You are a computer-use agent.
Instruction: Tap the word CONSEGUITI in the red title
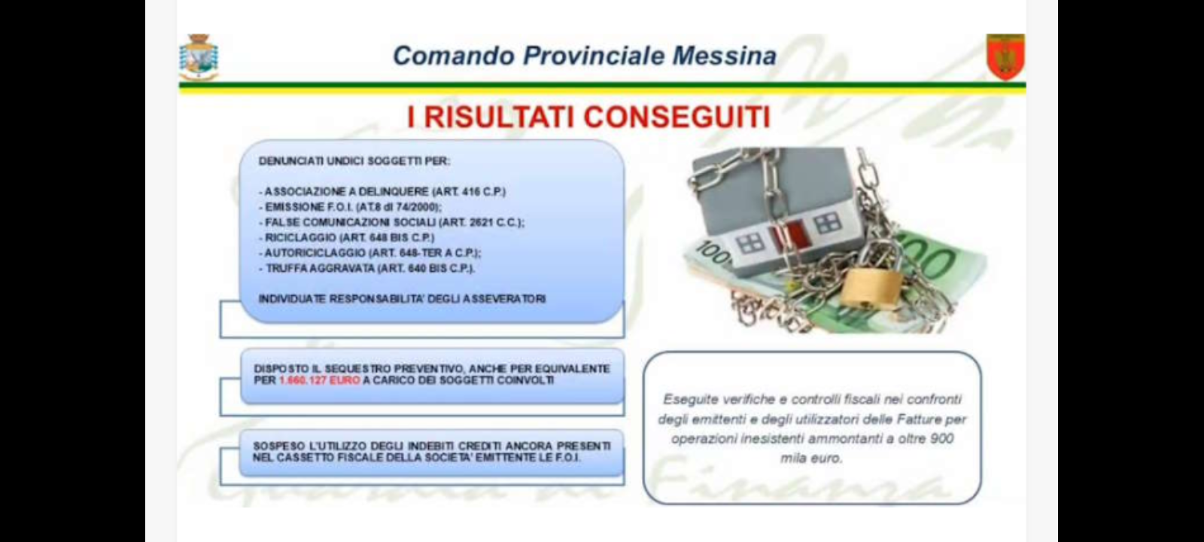(x=677, y=117)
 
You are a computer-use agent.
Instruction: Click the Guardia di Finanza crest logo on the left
(x=199, y=57)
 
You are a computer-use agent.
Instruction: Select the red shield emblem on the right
(x=1005, y=56)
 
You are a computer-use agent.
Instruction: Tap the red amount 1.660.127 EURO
(x=319, y=380)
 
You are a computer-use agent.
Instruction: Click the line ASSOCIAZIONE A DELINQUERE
(x=382, y=191)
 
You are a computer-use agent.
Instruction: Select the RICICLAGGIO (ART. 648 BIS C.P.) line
(x=347, y=237)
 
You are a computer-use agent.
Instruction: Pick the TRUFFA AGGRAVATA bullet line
(x=366, y=268)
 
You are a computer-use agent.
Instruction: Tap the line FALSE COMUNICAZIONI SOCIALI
(x=391, y=222)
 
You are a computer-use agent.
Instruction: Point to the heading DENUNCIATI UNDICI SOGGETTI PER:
(x=354, y=161)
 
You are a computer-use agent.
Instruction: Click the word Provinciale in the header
(x=594, y=56)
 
